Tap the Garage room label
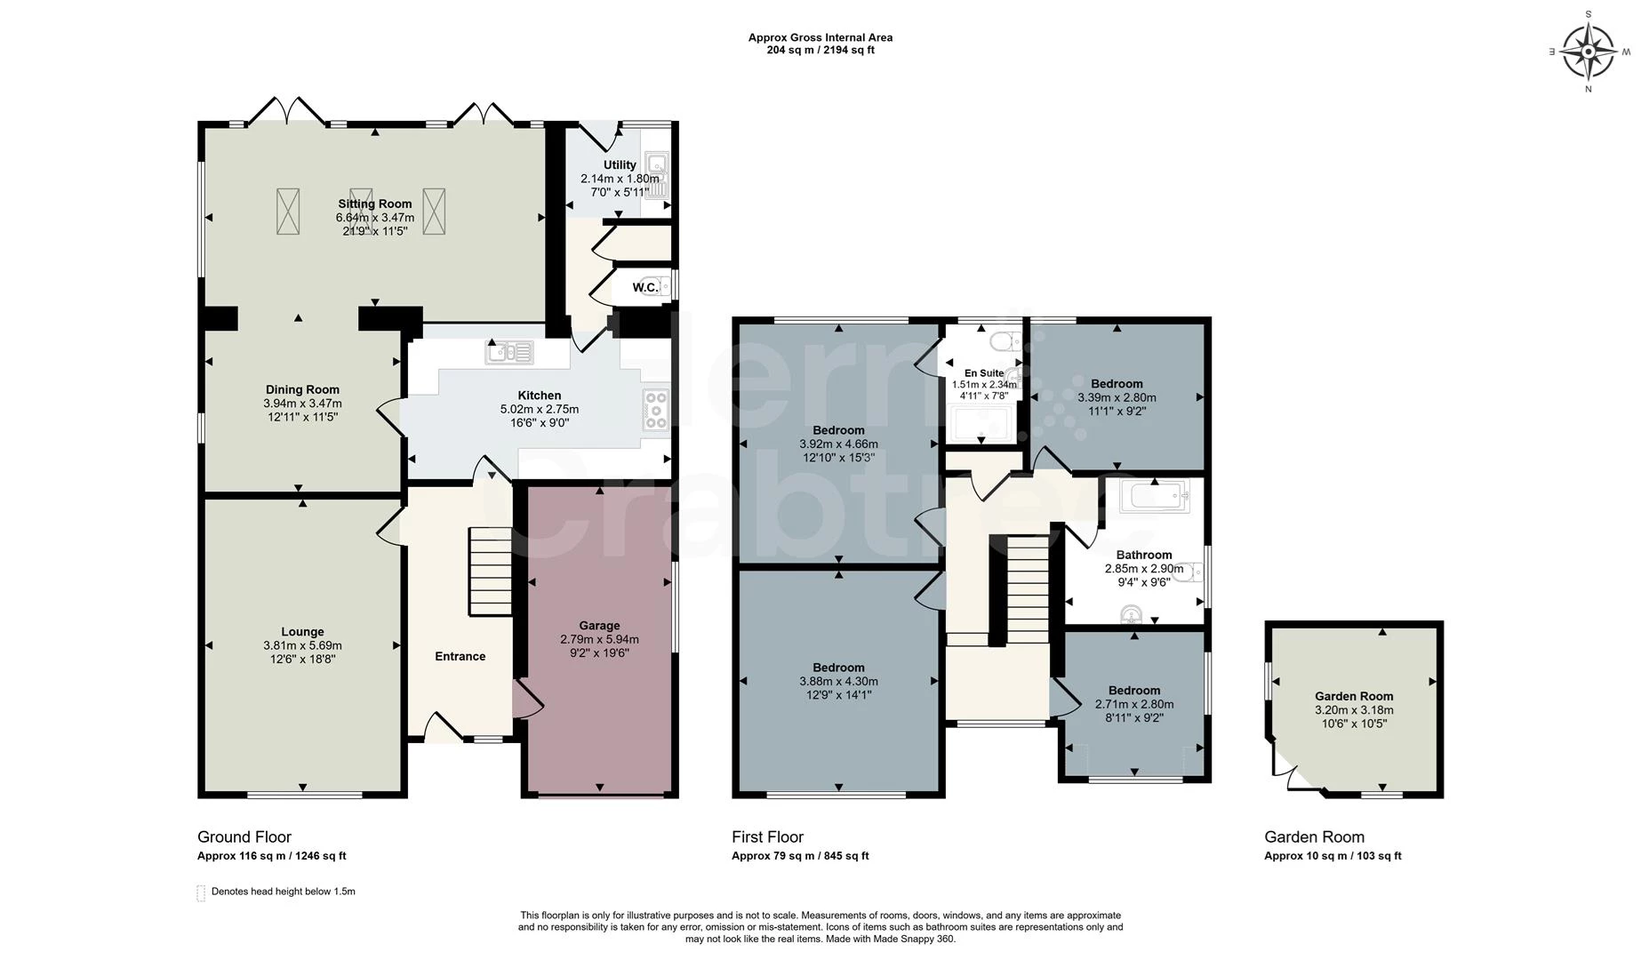click(x=599, y=626)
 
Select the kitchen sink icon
click(x=509, y=353)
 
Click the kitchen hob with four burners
click(x=656, y=410)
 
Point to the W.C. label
click(x=645, y=287)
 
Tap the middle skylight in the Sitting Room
click(x=361, y=212)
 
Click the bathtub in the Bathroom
click(x=1155, y=495)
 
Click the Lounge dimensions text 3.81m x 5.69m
click(x=302, y=645)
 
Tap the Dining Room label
click(x=302, y=389)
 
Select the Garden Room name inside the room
click(x=1354, y=696)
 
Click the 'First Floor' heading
click(x=767, y=836)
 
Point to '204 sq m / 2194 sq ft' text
click(x=820, y=51)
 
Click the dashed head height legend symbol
click(x=201, y=892)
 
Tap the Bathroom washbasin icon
click(x=1132, y=614)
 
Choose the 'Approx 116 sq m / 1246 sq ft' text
click(x=271, y=856)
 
